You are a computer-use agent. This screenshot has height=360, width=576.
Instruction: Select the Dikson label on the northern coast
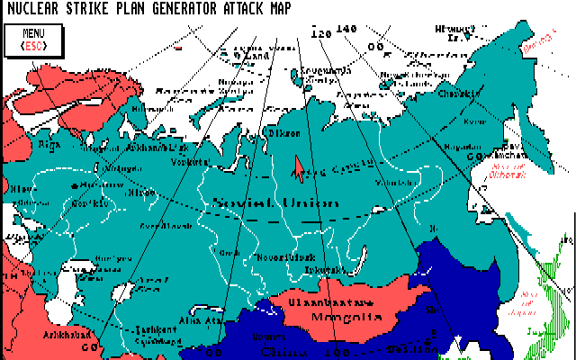tap(274, 133)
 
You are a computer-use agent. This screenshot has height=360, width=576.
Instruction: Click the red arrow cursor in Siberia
tap(298, 167)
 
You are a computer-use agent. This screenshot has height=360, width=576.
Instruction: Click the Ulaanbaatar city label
tap(322, 301)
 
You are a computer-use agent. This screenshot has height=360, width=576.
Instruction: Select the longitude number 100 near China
tap(338, 351)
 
